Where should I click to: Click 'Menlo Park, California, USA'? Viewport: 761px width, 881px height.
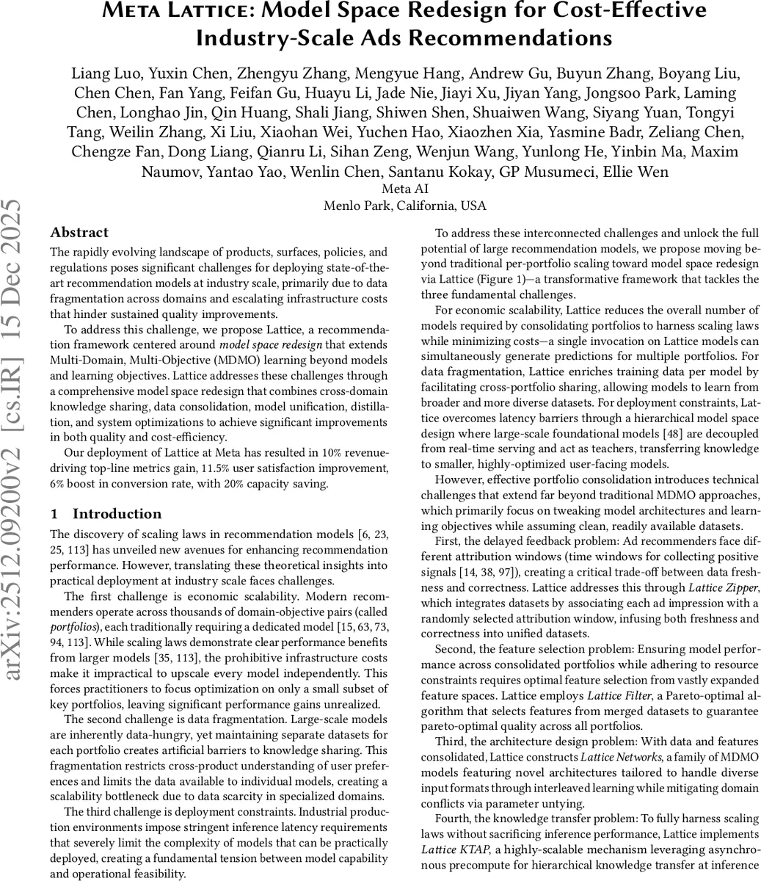[x=405, y=206]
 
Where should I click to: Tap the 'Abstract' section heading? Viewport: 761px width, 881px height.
[x=79, y=233]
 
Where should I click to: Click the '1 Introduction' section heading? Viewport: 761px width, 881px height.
[x=106, y=514]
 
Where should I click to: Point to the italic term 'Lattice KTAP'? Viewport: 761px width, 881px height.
[x=456, y=849]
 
